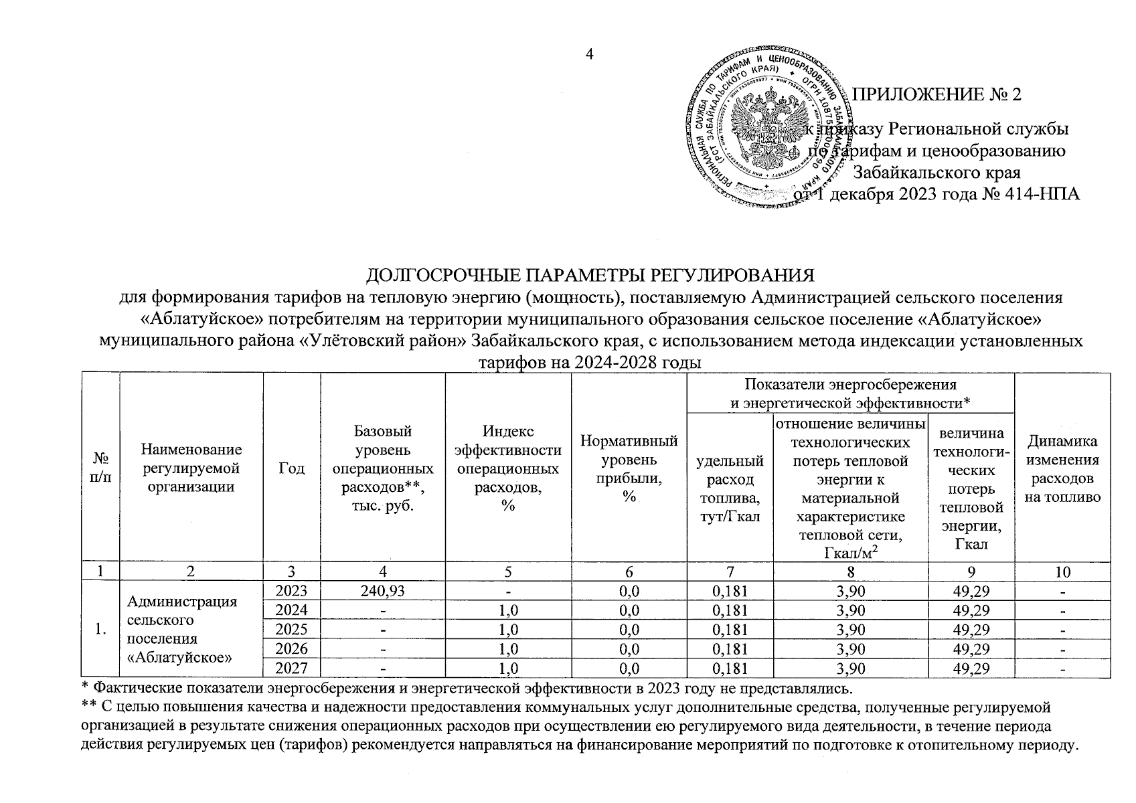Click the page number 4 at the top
(590, 55)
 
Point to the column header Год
(292, 468)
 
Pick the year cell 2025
(292, 630)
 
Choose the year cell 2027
(292, 668)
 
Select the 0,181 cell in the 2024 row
(730, 610)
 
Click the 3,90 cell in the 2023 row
(850, 591)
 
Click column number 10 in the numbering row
(1062, 571)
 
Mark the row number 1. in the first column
(100, 629)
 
